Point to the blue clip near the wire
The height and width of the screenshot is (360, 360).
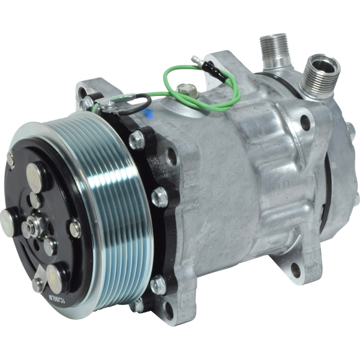tap(148, 110)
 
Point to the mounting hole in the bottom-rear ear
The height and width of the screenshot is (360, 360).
tap(295, 271)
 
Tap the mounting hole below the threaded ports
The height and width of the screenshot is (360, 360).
tap(305, 124)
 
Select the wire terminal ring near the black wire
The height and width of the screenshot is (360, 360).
tap(108, 107)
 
